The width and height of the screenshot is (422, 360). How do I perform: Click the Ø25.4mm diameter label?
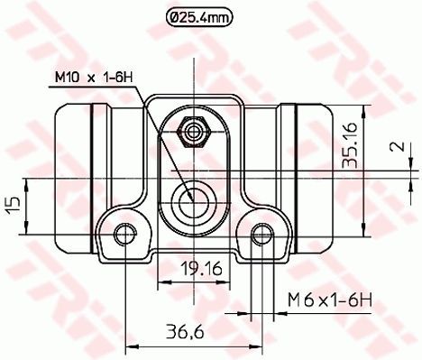point(199,18)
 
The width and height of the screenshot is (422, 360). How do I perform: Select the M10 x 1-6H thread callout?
point(94,78)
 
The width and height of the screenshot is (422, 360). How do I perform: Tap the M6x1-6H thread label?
point(330,300)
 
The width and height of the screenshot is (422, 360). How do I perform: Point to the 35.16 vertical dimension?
point(351,144)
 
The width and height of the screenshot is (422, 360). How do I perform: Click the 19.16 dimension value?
point(202,269)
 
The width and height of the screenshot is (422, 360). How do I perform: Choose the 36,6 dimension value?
point(185,332)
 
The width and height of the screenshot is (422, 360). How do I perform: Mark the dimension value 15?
point(14,206)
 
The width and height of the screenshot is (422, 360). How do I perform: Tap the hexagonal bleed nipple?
point(194,132)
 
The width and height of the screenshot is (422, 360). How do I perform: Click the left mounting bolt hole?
point(125,234)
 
